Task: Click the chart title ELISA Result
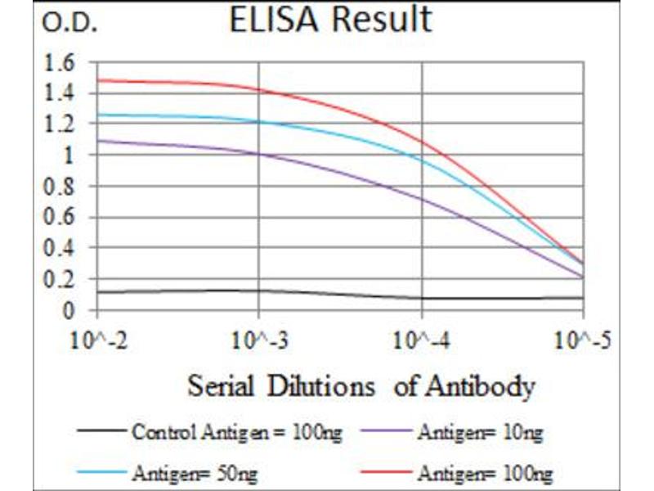(x=330, y=20)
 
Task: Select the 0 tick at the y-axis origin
(x=69, y=311)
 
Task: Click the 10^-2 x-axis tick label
(x=97, y=340)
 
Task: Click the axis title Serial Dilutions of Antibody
(x=361, y=385)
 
